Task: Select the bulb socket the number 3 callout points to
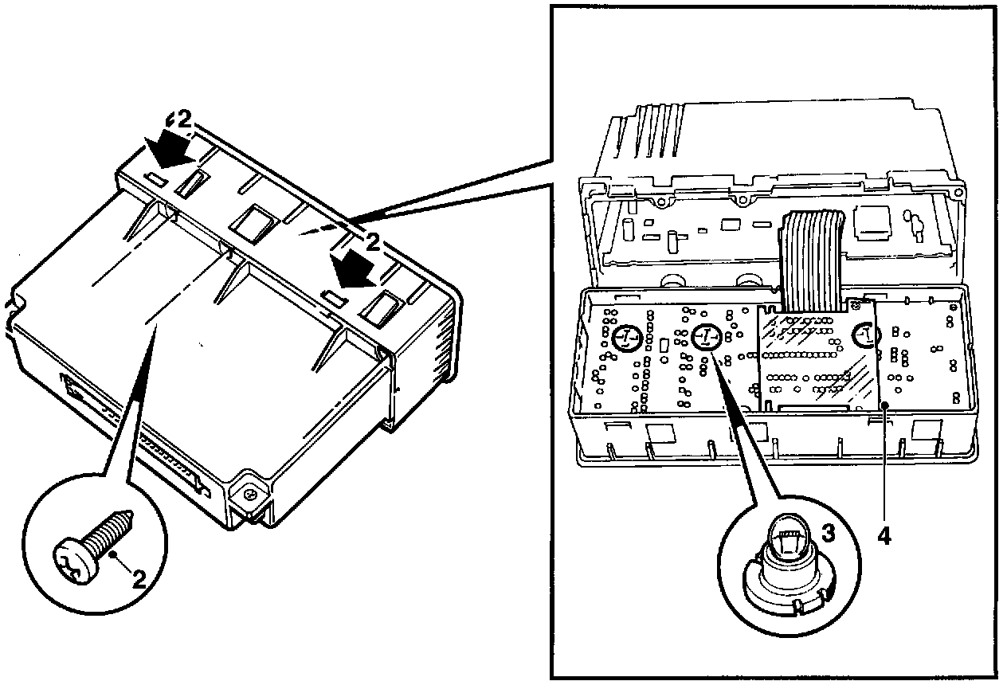tap(703, 339)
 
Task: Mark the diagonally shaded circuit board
tap(817, 358)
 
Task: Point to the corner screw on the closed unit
tap(250, 495)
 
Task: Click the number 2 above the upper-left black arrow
tap(182, 119)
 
